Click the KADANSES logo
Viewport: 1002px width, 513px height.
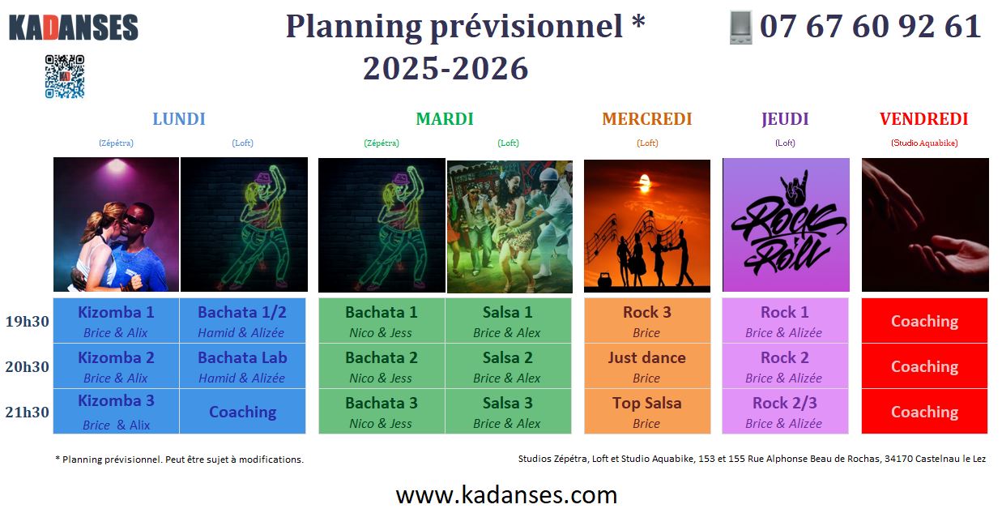(74, 28)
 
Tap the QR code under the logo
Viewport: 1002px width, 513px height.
(65, 76)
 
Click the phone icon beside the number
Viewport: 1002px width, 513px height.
(740, 28)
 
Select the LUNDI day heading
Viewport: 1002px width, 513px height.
(179, 119)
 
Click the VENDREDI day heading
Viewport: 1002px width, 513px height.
(923, 119)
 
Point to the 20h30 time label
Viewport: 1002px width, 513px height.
(28, 366)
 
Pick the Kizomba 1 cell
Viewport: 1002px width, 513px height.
(117, 320)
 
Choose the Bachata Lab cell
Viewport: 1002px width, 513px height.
(242, 366)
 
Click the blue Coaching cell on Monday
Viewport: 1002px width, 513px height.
(242, 412)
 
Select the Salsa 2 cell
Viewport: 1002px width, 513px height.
(508, 366)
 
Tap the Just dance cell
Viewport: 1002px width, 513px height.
(647, 366)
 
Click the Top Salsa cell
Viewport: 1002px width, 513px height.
(647, 412)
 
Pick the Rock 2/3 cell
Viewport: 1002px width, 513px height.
(785, 412)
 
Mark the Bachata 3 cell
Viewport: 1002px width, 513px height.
(382, 412)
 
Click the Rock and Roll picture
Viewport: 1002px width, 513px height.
(786, 224)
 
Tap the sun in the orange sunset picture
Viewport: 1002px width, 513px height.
(645, 182)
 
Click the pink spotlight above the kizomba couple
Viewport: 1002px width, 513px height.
(117, 166)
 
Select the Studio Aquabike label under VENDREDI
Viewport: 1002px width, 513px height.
(924, 143)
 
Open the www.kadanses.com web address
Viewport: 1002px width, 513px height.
(506, 495)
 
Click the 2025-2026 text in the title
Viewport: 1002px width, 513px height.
(446, 69)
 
